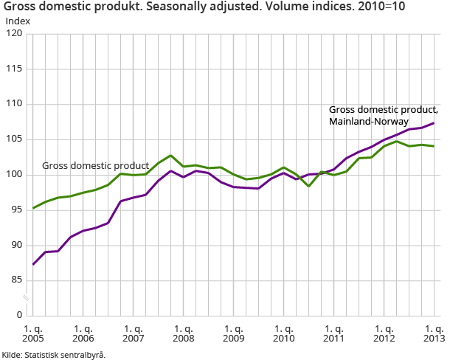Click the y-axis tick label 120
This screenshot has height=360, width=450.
(15, 34)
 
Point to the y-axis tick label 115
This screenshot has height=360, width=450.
(15, 69)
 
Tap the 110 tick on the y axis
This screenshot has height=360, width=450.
(15, 104)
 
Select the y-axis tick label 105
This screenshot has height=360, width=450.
(15, 139)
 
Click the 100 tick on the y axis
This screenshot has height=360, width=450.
(15, 175)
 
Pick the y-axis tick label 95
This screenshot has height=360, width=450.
(17, 210)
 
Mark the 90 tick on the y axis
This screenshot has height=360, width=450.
(17, 245)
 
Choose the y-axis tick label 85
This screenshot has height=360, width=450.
(17, 280)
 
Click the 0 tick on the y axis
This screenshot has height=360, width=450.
(20, 315)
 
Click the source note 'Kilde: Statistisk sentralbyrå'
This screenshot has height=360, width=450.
(53, 355)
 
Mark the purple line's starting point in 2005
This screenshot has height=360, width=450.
(34, 264)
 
